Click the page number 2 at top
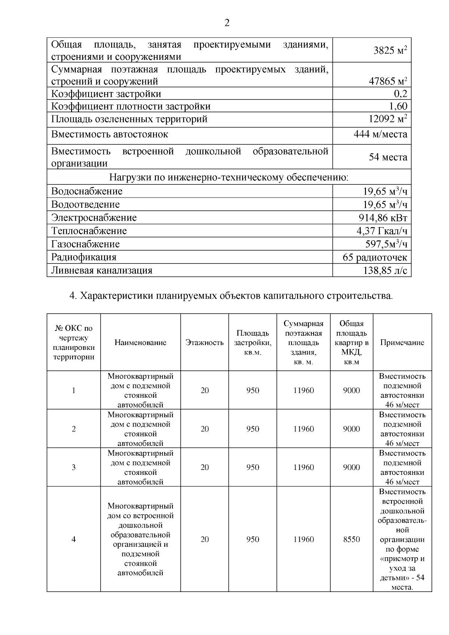[x=227, y=23]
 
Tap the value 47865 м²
[x=388, y=81]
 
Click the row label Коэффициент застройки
[x=106, y=94]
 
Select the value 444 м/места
[x=380, y=134]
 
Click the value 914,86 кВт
[x=383, y=218]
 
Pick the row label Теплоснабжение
[x=89, y=231]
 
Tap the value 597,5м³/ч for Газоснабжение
[x=386, y=244]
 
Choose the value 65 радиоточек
[x=375, y=257]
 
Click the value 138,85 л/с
[x=385, y=271]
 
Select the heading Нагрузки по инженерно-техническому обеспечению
[x=229, y=177]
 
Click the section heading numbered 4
[x=231, y=296]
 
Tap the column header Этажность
[x=204, y=343]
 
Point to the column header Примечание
[x=402, y=343]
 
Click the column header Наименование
[x=140, y=343]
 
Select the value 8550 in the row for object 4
[x=351, y=539]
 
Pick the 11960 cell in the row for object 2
[x=303, y=429]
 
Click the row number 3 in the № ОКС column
[x=74, y=467]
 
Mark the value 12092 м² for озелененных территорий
[x=388, y=119]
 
